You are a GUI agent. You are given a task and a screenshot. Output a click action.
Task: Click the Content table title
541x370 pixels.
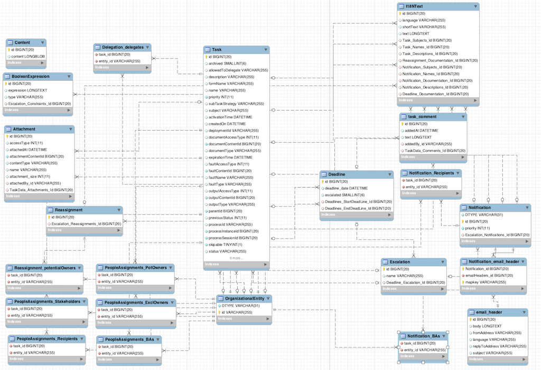23,42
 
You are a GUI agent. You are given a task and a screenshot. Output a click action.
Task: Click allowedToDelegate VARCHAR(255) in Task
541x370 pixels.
238,70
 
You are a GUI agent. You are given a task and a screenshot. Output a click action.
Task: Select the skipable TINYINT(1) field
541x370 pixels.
226,245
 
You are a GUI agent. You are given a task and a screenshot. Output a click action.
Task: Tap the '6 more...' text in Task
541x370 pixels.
236,258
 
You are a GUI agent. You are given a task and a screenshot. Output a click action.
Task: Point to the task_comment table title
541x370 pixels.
422,116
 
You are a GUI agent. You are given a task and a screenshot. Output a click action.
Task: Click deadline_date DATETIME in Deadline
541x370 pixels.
346,188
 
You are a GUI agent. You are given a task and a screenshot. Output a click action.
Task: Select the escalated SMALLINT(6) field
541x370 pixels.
345,195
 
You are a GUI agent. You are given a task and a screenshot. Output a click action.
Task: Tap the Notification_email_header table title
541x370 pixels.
494,262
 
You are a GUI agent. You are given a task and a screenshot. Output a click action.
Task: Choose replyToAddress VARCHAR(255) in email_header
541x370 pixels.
499,346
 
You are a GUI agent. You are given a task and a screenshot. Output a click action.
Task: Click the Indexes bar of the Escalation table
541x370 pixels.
412,289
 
